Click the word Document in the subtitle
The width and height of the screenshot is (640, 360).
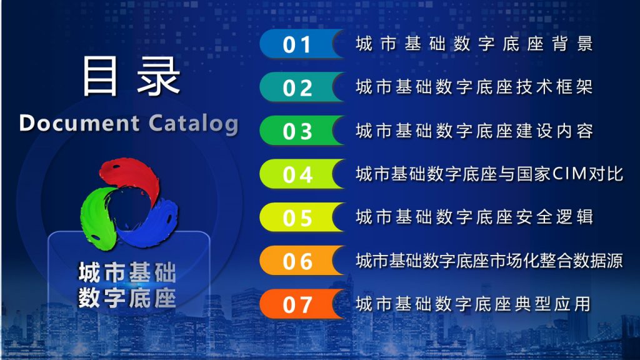coord(79,123)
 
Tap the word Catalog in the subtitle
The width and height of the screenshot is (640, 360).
coord(193,124)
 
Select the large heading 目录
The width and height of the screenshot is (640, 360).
coord(131,76)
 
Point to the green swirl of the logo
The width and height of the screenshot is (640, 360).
coord(98,216)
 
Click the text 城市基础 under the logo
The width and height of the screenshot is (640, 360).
coord(127,272)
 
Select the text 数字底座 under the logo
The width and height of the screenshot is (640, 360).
coord(127,298)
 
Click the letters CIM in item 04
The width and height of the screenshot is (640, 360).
coord(569,174)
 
